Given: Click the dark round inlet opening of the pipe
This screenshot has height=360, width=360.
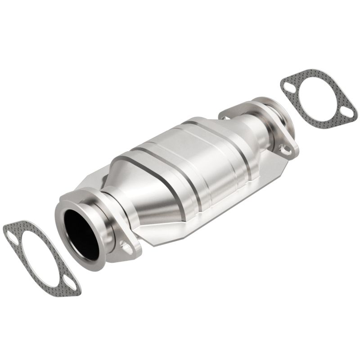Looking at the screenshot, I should coord(81,234).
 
